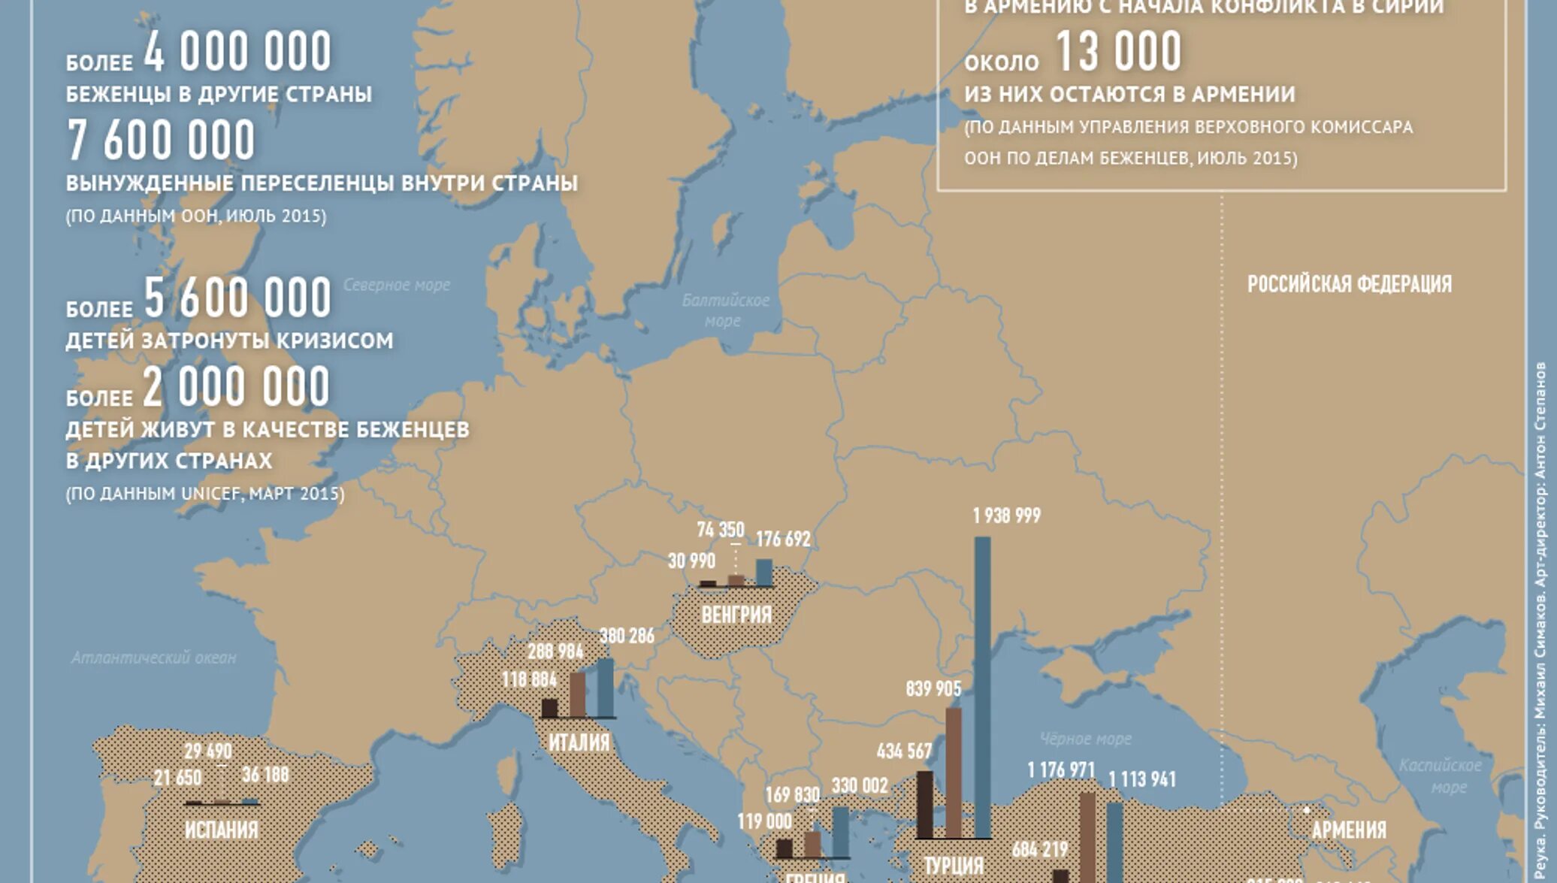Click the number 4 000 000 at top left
point(237,52)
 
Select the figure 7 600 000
point(162,141)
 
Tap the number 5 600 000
point(237,298)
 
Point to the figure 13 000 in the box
point(1118,52)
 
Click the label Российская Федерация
point(1349,284)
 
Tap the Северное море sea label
point(397,285)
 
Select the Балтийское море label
point(724,310)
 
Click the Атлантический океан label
point(153,658)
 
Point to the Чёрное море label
point(1085,739)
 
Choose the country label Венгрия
point(736,615)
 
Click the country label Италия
point(579,742)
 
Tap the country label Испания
point(221,830)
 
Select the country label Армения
point(1349,830)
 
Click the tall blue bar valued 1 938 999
point(982,688)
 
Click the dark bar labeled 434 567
point(924,804)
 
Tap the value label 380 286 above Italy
point(627,636)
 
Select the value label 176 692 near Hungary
point(783,539)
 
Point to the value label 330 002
point(860,785)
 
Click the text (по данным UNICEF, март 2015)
point(204,494)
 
